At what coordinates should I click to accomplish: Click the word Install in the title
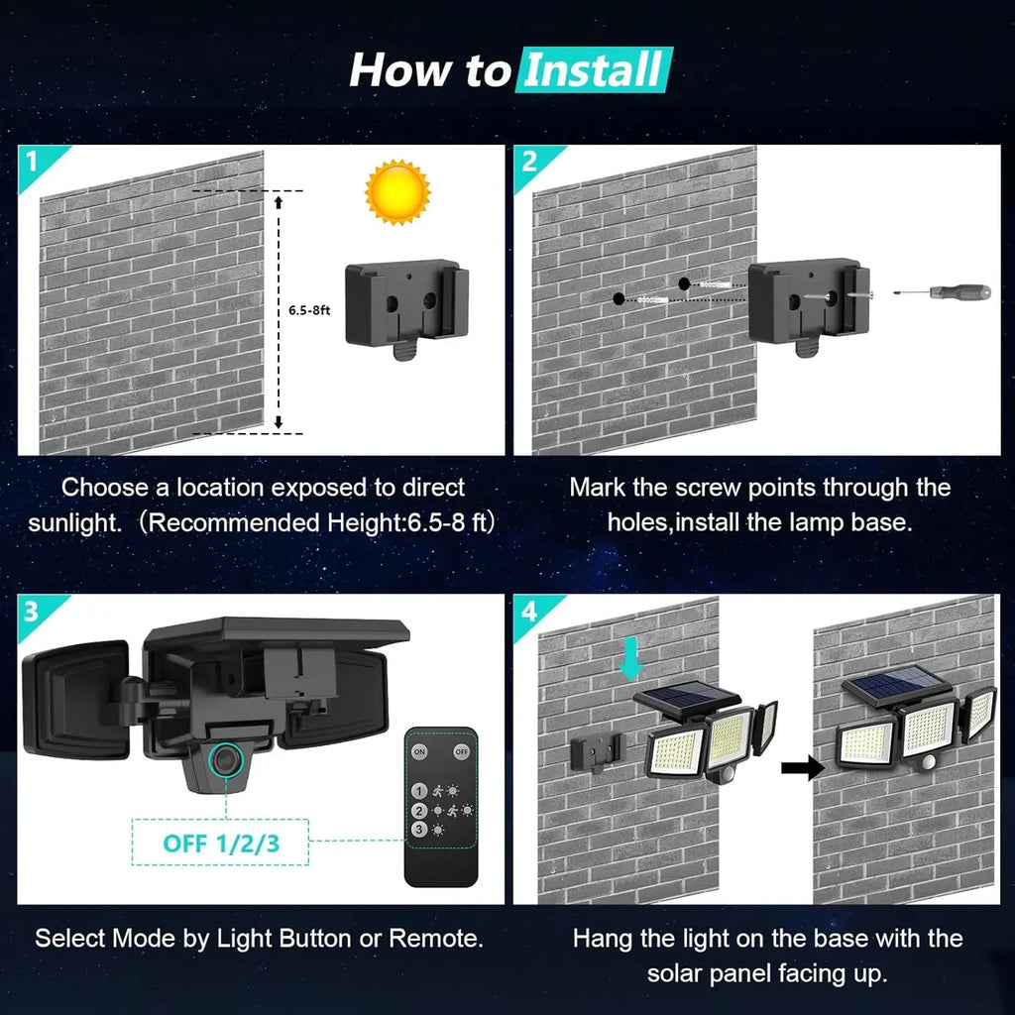tap(594, 71)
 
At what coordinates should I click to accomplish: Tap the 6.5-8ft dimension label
tap(310, 310)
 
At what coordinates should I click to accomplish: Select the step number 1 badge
tap(33, 162)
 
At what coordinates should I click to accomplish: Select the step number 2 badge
tap(529, 162)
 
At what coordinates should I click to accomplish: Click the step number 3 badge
tap(33, 611)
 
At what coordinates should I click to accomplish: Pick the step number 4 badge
tap(529, 611)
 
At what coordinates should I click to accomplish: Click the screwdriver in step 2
tap(942, 292)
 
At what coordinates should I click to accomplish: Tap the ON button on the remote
tap(420, 751)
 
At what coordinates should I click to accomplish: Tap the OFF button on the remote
tap(461, 751)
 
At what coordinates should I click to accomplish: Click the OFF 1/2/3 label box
tap(219, 845)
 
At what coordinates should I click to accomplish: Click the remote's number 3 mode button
tap(420, 829)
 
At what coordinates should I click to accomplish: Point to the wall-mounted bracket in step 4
tap(598, 752)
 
